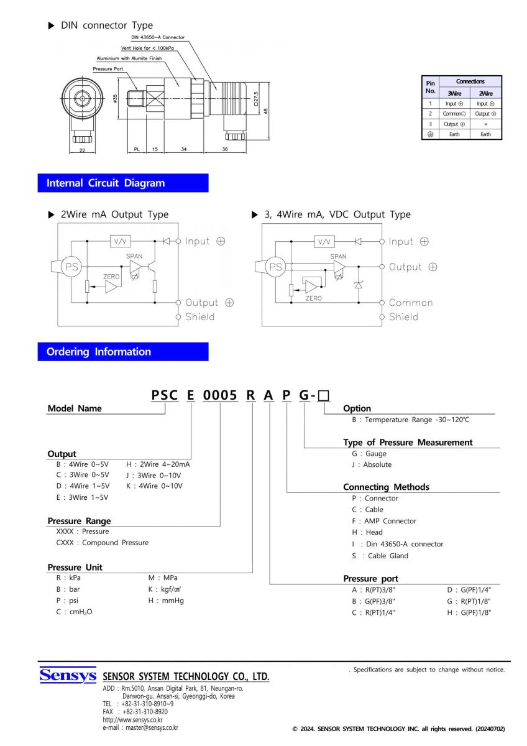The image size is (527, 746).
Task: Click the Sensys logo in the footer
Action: coord(68,675)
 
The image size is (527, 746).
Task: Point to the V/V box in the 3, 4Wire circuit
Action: coord(323,241)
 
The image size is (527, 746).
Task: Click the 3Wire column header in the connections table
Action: coord(454,93)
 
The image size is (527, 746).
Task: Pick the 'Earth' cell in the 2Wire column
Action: coord(485,134)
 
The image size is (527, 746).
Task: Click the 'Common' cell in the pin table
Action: coord(454,114)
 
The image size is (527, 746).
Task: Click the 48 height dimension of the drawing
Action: coord(265,111)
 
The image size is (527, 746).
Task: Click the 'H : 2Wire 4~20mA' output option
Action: coord(158,464)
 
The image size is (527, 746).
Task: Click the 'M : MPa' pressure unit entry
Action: coord(163,578)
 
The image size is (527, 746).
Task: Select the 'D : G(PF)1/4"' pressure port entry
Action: coord(469,589)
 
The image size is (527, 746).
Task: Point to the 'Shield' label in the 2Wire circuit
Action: coord(200,317)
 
